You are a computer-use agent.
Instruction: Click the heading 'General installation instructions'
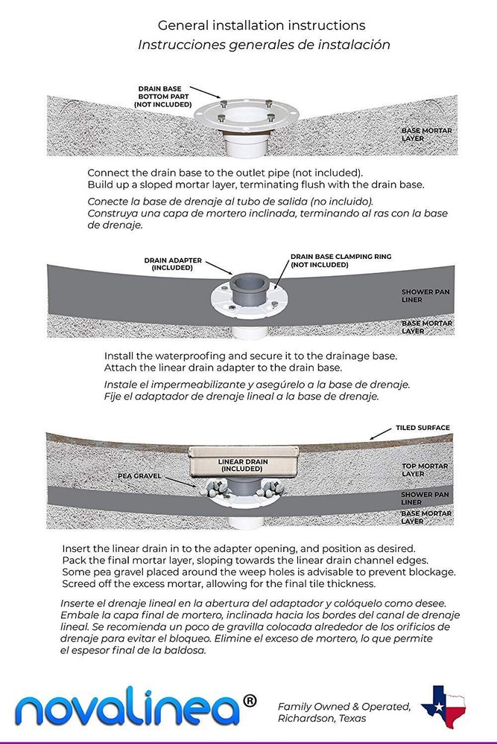261,26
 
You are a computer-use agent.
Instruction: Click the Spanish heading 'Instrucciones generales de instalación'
264,45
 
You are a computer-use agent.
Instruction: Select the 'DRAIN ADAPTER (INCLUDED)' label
172,264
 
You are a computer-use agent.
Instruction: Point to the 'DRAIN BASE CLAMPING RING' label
340,260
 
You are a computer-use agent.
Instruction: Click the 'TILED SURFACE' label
423,428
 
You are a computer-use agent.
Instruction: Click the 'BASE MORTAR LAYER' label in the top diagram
426,134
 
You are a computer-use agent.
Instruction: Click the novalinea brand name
127,707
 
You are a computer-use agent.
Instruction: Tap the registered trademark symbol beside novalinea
250,700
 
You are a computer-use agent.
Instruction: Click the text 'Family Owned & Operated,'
344,706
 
